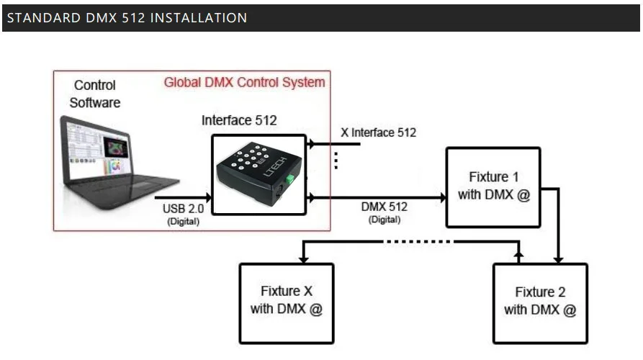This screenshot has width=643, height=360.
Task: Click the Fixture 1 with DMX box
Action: [x=493, y=187]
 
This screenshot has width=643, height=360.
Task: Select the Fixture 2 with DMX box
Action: [x=540, y=303]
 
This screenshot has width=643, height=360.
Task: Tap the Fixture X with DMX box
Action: [x=287, y=303]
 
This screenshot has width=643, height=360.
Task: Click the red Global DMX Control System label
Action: [x=244, y=82]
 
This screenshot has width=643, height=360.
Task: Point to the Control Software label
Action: [x=95, y=94]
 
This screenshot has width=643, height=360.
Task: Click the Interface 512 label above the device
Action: [x=239, y=120]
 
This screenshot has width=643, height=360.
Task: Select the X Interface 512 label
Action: [x=378, y=132]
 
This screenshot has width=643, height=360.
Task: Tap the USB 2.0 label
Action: [x=183, y=209]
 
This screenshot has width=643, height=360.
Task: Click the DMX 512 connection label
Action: [x=385, y=207]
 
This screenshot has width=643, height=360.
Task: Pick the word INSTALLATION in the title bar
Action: [x=199, y=17]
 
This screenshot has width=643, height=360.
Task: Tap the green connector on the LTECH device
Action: [x=290, y=179]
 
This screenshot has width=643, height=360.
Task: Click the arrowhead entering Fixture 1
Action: [x=444, y=197]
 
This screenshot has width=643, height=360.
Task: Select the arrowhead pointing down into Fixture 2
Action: [x=558, y=260]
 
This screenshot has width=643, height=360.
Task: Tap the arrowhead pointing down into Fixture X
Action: [x=303, y=260]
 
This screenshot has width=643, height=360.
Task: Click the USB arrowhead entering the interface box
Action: [x=209, y=197]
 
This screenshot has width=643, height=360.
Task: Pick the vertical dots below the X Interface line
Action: [x=336, y=161]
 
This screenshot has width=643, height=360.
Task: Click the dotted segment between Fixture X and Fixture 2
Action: [x=418, y=242]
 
